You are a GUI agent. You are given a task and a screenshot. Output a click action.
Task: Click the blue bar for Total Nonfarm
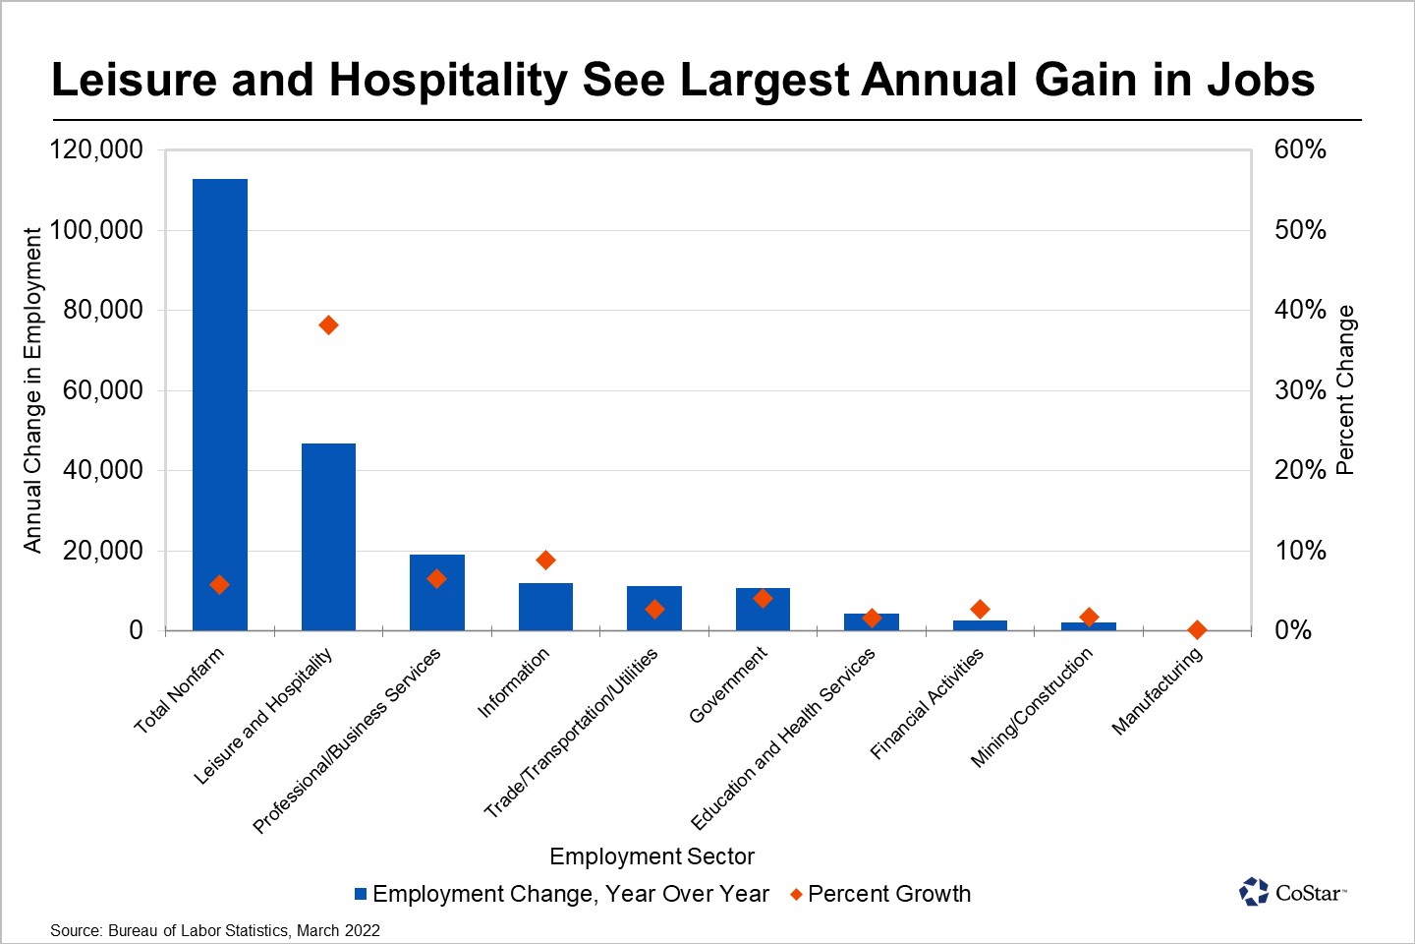[220, 403]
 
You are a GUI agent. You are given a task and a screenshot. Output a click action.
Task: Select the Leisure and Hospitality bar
[328, 536]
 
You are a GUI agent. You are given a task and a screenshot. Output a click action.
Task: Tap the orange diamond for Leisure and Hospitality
[328, 325]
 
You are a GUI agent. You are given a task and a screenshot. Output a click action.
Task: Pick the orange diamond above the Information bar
[546, 560]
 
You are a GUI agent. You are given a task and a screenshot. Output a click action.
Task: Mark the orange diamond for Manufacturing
[1197, 629]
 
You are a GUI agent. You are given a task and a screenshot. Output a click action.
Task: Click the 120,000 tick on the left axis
[96, 149]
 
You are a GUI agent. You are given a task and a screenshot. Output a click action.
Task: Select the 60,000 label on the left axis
[102, 390]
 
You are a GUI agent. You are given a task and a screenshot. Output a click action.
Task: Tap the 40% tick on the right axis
[1300, 310]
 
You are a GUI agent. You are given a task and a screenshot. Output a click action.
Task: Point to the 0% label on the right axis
[1293, 630]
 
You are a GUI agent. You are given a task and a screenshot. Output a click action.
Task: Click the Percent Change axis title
[1345, 390]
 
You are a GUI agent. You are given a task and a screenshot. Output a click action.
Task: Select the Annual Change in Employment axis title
[33, 390]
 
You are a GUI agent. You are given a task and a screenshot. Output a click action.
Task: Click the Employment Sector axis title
[651, 856]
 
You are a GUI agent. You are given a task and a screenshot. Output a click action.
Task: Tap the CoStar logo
[1292, 892]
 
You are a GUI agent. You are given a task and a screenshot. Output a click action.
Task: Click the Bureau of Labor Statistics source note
[215, 930]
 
